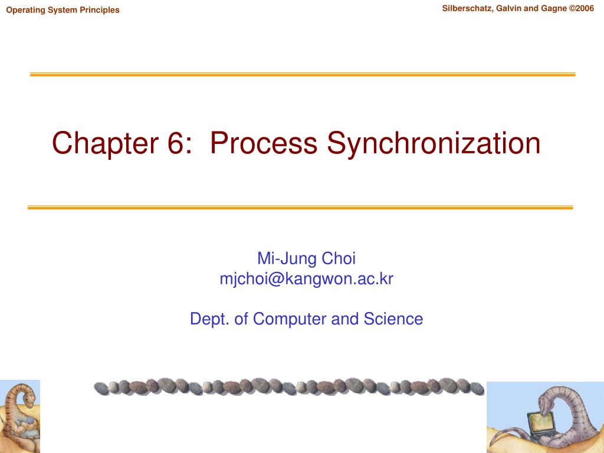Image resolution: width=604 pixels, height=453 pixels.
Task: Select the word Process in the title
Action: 263,143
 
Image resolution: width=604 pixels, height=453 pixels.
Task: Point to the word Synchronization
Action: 434,143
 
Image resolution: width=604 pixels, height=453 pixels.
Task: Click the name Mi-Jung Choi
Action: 306,258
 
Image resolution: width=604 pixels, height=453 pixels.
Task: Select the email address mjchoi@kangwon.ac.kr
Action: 306,278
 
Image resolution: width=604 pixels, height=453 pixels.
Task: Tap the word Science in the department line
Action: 393,319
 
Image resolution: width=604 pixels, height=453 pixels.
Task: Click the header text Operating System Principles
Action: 63,10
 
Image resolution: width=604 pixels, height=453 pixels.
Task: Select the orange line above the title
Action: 303,74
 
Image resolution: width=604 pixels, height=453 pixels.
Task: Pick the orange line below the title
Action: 300,208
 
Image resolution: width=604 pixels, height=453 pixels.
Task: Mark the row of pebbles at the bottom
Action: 289,387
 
